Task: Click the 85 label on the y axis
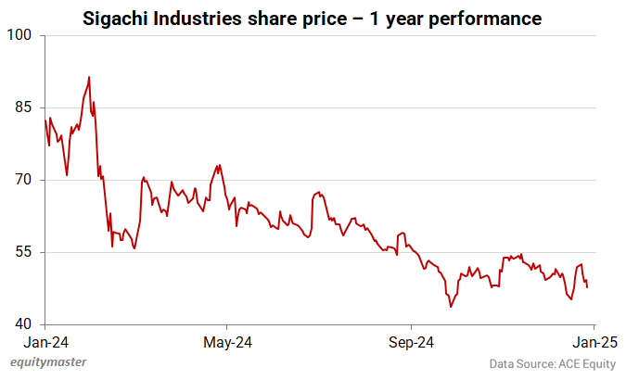coord(24,108)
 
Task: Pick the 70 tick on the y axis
coord(24,180)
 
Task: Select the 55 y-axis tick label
coord(24,252)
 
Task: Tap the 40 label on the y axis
coord(24,324)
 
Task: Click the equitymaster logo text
coord(44,364)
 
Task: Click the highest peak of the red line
coord(89,77)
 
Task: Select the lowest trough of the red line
coord(451,307)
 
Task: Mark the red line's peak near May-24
coord(218,166)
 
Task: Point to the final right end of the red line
coord(587,287)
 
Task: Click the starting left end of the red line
coord(45,120)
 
